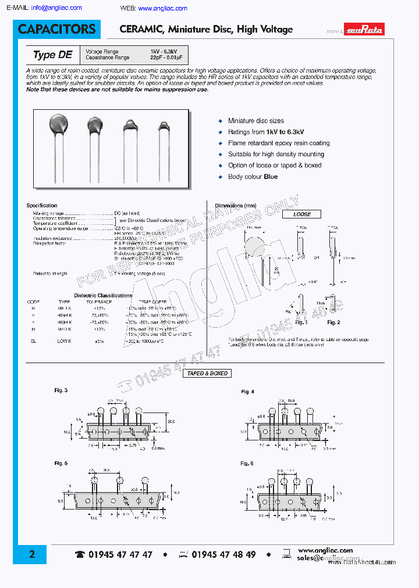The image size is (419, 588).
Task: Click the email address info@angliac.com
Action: pos(56,8)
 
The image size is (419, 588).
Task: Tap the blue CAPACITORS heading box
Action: pos(56,29)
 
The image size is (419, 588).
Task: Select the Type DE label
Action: pos(52,55)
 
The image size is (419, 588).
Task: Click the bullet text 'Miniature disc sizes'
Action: pos(256,121)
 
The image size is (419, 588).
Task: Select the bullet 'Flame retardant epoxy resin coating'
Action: pos(279,143)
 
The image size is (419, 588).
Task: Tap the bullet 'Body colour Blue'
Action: pos(253,177)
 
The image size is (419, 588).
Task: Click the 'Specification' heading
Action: pos(42,206)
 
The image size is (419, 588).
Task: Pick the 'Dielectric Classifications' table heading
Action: pos(103,295)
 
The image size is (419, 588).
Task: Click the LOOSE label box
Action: pos(302,214)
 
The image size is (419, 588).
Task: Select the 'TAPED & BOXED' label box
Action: pos(208,373)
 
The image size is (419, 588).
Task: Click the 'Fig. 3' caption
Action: pos(61,390)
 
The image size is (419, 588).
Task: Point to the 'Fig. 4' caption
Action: pos(247,392)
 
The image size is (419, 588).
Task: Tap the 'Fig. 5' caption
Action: pos(61,463)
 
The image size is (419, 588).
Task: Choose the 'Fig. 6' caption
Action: pos(247,463)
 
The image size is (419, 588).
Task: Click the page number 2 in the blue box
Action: pos(32,554)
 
